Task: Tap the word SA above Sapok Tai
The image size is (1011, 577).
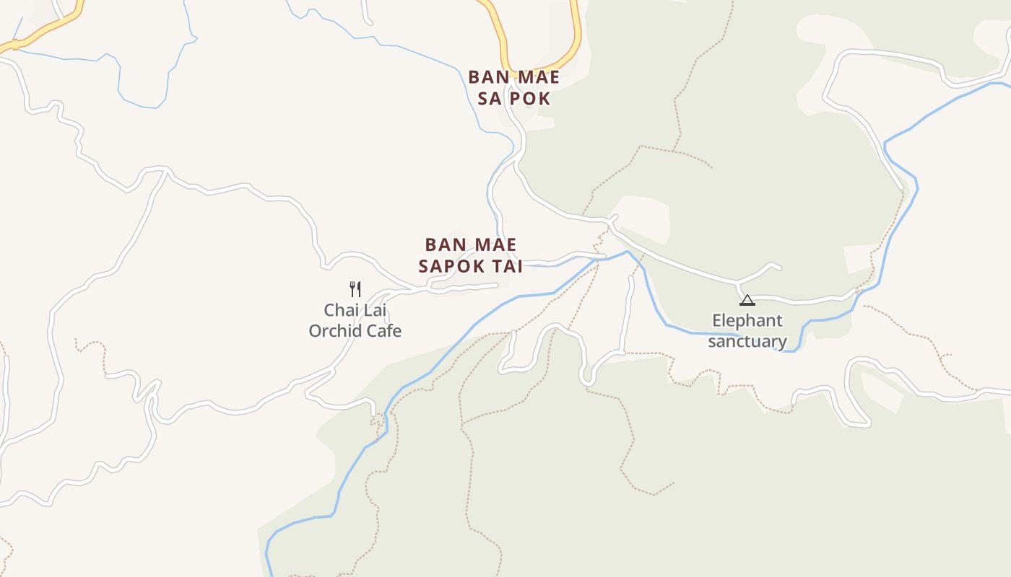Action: [x=490, y=99]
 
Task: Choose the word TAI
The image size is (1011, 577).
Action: [x=507, y=266]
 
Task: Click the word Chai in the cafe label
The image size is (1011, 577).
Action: [x=340, y=310]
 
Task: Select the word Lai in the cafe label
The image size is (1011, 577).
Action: [x=375, y=310]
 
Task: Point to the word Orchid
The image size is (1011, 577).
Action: [x=334, y=331]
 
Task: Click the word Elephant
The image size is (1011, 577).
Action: [x=747, y=321]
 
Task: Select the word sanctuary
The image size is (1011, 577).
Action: [x=747, y=341]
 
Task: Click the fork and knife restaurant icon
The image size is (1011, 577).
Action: [x=355, y=289]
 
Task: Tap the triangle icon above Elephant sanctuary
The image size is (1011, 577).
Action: [x=747, y=300]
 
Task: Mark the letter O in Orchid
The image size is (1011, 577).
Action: [x=315, y=331]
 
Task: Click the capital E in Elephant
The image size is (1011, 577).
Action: [x=716, y=321]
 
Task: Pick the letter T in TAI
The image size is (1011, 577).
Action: [x=496, y=266]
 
